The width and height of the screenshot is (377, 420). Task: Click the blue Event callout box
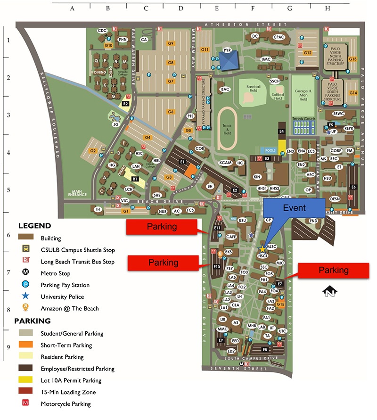[294, 208]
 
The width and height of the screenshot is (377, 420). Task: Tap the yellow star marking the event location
[262, 249]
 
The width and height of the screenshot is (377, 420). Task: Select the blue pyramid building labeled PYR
[229, 59]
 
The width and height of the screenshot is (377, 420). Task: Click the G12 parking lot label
[308, 53]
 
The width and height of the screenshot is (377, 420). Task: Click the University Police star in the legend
[25, 296]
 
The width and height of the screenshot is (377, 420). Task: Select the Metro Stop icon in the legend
[25, 273]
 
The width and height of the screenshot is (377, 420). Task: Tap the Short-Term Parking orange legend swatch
[25, 345]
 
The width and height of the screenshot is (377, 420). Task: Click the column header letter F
[253, 8]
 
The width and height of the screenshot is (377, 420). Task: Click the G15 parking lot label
[280, 305]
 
